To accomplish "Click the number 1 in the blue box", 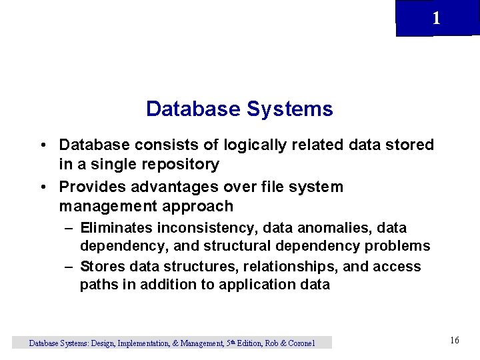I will click(436, 19).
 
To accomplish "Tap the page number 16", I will click(455, 341).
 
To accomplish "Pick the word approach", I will click(201, 206).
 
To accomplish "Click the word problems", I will click(397, 246).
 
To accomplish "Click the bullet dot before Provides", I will click(43, 187).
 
